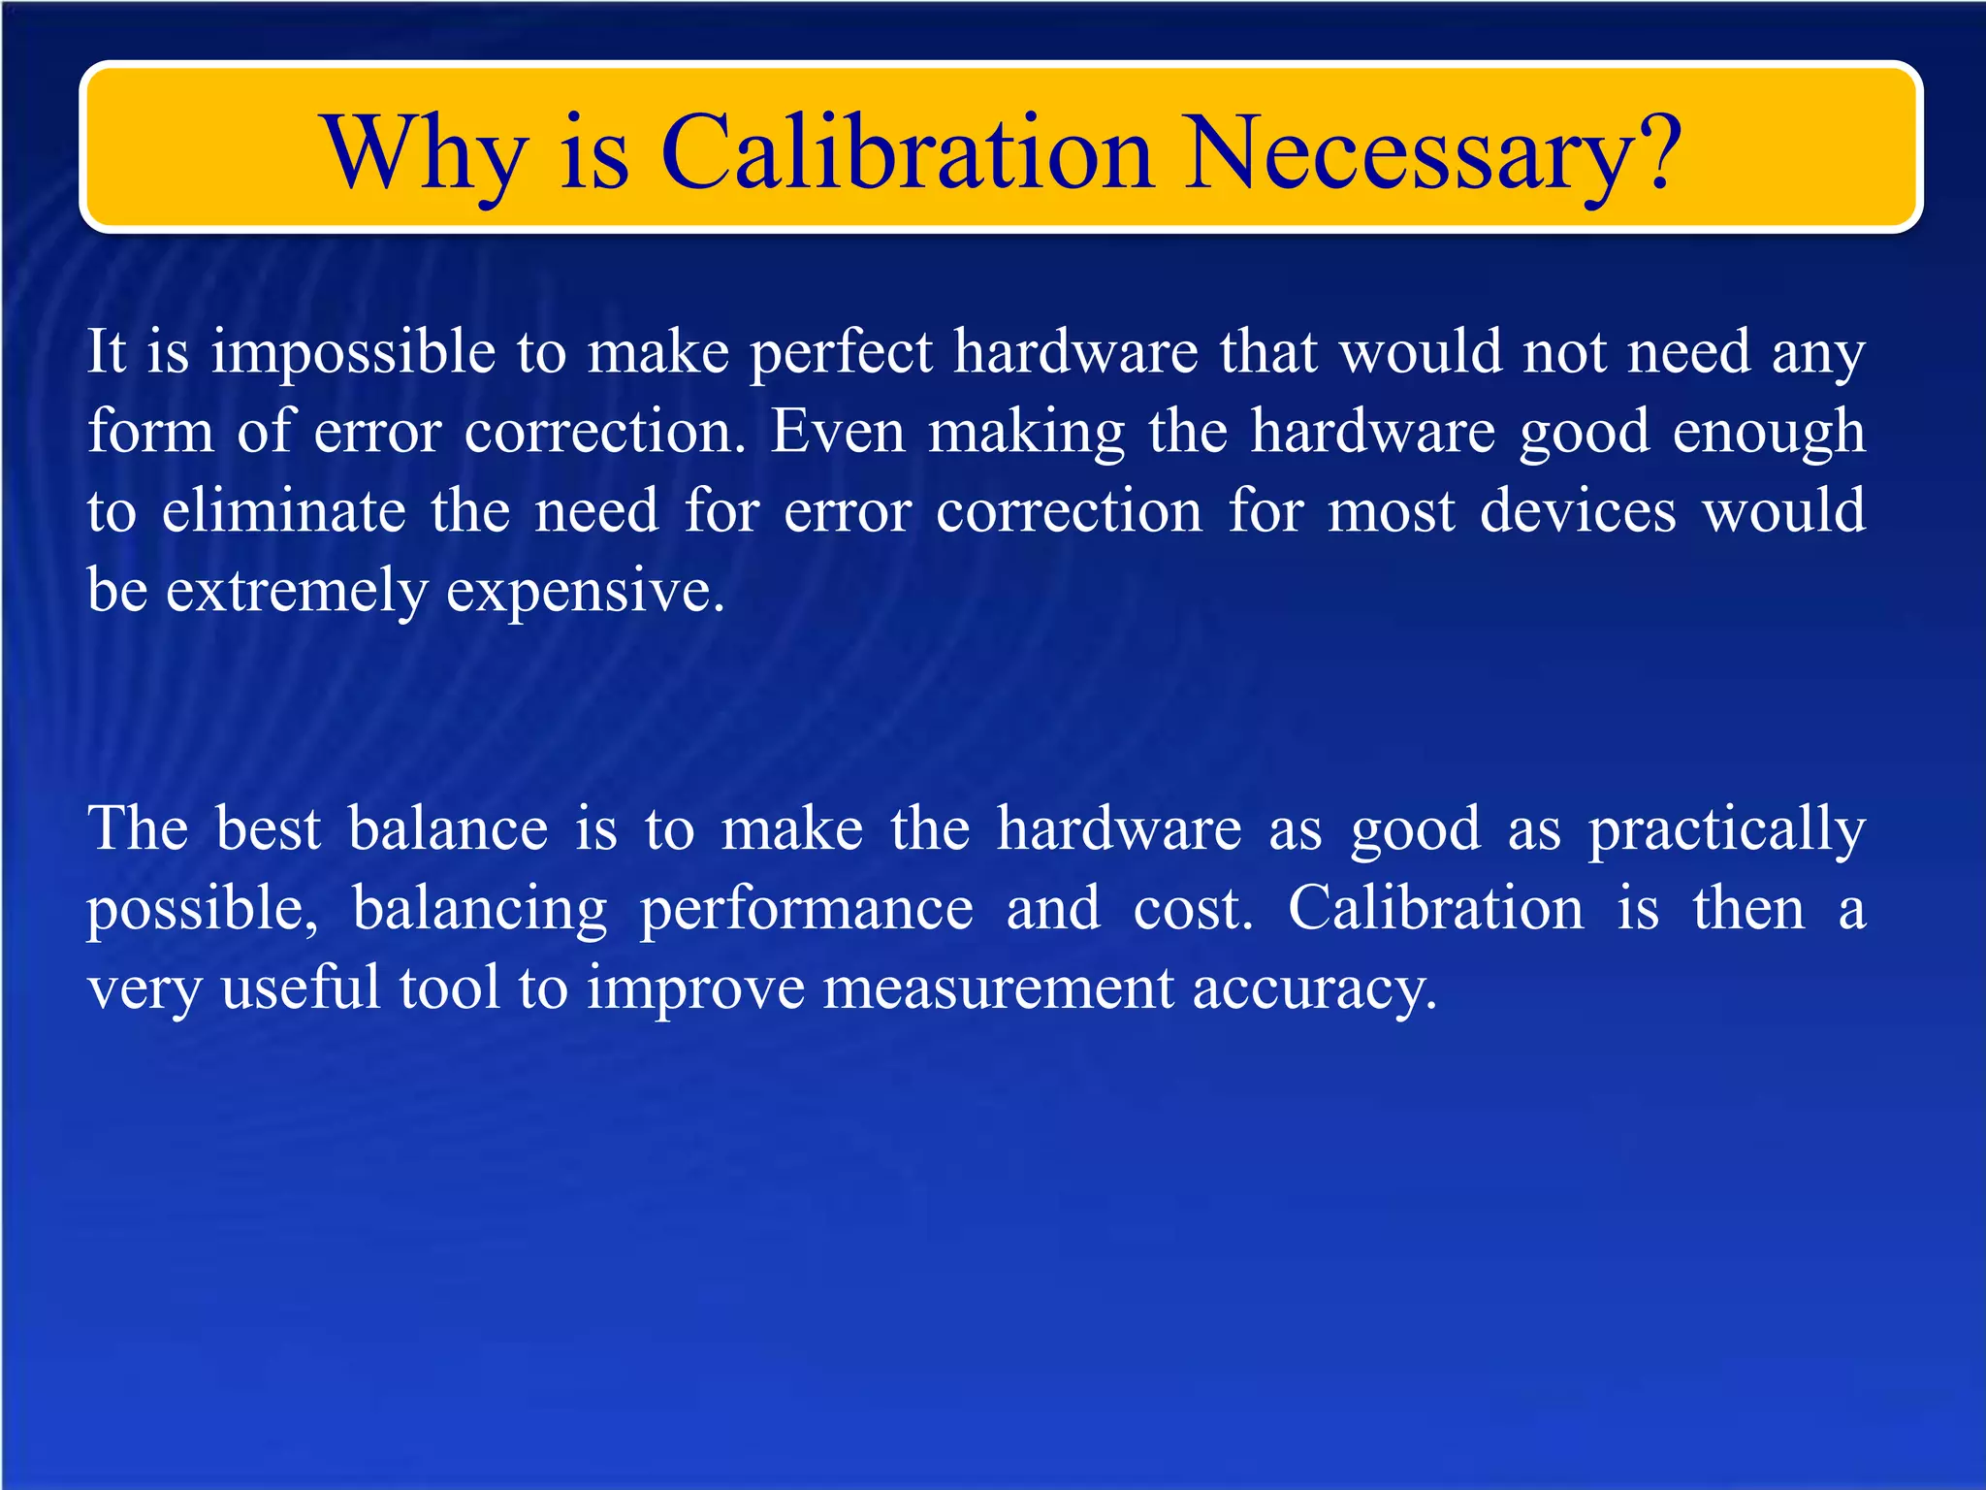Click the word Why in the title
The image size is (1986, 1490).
426,153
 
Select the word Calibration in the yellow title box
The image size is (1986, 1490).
907,153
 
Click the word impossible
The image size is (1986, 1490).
353,352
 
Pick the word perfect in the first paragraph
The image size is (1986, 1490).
842,352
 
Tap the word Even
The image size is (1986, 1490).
838,431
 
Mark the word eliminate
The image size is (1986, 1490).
283,510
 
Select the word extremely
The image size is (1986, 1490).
297,591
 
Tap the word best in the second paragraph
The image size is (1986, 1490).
268,828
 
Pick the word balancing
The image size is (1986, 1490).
479,910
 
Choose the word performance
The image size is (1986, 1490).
806,910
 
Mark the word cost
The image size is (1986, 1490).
1193,909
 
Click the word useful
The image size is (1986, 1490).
301,988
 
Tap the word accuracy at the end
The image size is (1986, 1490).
1313,989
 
